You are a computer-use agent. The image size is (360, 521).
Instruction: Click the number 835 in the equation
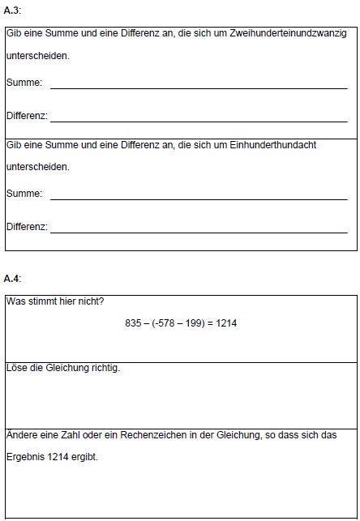coord(133,322)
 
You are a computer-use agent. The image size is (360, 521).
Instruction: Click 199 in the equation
coord(193,322)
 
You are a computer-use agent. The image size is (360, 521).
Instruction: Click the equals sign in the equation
coord(209,322)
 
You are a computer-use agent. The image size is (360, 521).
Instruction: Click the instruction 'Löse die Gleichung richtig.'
coord(63,369)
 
